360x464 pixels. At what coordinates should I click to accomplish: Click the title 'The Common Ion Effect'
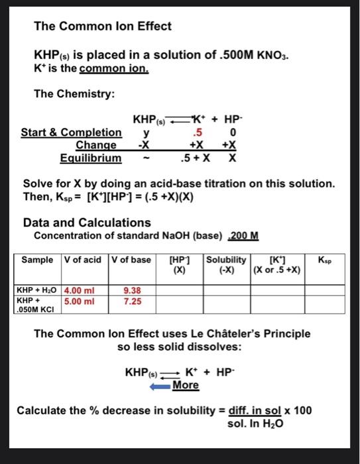103,27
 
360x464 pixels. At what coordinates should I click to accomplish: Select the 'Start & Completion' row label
71,133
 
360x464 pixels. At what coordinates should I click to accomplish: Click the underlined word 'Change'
96,145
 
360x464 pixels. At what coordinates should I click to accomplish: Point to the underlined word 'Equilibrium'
91,158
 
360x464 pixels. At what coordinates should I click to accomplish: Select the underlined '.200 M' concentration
243,236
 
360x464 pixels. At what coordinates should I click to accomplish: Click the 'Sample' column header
38,259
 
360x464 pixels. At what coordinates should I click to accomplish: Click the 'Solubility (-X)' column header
226,264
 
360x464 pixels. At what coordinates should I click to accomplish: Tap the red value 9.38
132,290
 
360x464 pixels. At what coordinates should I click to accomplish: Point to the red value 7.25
132,300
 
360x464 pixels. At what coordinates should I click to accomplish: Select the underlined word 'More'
186,385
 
